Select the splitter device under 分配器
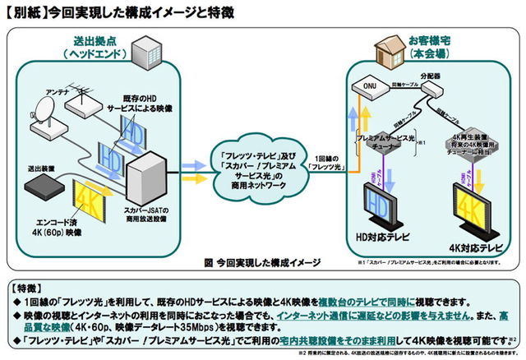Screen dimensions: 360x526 point(429,93)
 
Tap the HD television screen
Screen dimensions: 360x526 point(381,202)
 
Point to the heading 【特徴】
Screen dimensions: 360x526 point(28,288)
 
